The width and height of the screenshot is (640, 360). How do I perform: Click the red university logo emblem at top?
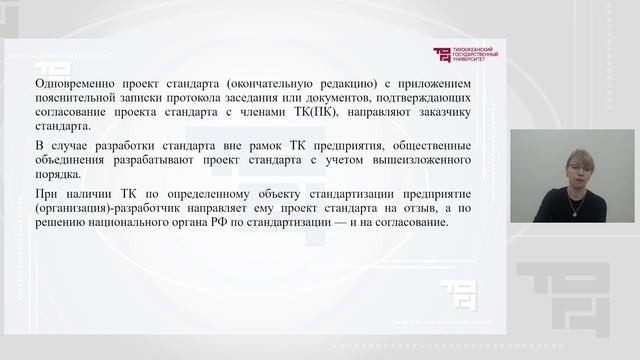tap(441, 56)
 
